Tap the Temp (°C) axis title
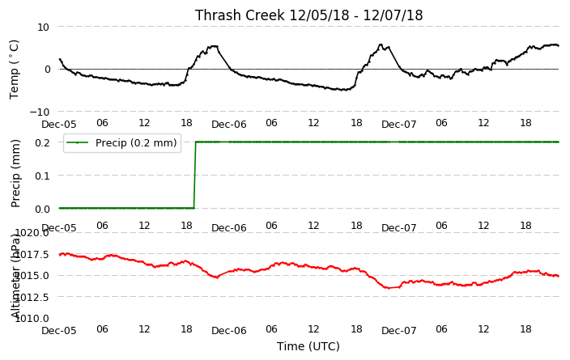click(x=14, y=69)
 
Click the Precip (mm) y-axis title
click(x=15, y=174)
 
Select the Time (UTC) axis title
click(x=308, y=346)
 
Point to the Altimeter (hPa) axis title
click(x=15, y=276)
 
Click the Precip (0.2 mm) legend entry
click(x=122, y=142)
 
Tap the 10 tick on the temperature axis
click(x=43, y=28)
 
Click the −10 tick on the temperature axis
click(x=39, y=112)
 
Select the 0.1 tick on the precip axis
click(x=42, y=176)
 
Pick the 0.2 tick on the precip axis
click(x=42, y=142)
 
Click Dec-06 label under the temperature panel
click(x=228, y=125)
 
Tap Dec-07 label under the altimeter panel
click(x=399, y=331)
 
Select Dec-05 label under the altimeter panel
click(x=59, y=331)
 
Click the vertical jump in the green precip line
click(x=195, y=175)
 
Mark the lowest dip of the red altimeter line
click(x=389, y=288)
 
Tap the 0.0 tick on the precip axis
click(x=42, y=209)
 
